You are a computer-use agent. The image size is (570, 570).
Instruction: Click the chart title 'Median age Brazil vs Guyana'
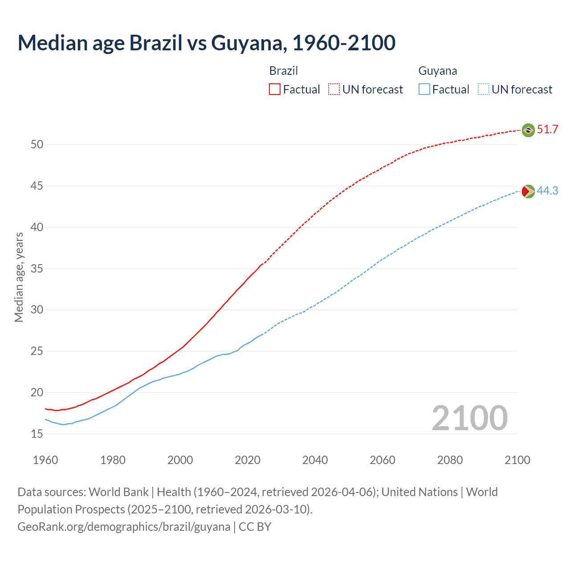206,43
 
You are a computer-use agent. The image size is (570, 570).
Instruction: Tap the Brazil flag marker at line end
528,130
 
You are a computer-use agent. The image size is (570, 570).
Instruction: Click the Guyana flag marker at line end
528,191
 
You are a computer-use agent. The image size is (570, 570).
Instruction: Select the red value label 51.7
547,130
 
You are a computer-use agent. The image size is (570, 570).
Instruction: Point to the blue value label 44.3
547,191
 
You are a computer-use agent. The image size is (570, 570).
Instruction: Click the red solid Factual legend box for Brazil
275,90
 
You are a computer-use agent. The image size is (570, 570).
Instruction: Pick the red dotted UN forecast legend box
334,90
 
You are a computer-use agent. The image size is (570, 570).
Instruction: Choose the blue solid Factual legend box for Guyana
424,90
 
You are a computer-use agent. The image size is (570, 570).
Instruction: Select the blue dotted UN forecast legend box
483,90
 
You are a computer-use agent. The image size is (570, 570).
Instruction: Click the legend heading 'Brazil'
283,71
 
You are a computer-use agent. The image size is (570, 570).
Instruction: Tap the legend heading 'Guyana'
438,71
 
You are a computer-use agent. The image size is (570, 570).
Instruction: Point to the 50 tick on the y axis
37,144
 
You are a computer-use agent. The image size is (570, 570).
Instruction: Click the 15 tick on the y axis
37,434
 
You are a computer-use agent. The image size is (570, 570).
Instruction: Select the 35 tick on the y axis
37,269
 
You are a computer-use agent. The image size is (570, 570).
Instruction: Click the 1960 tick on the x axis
45,460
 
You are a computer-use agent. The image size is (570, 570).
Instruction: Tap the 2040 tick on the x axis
315,460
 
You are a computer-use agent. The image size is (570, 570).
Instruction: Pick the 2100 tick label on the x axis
517,460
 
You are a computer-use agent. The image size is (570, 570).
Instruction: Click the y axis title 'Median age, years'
19,277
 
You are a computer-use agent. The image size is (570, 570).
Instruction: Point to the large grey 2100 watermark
469,418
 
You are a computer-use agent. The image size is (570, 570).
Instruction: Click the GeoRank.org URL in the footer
124,527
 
